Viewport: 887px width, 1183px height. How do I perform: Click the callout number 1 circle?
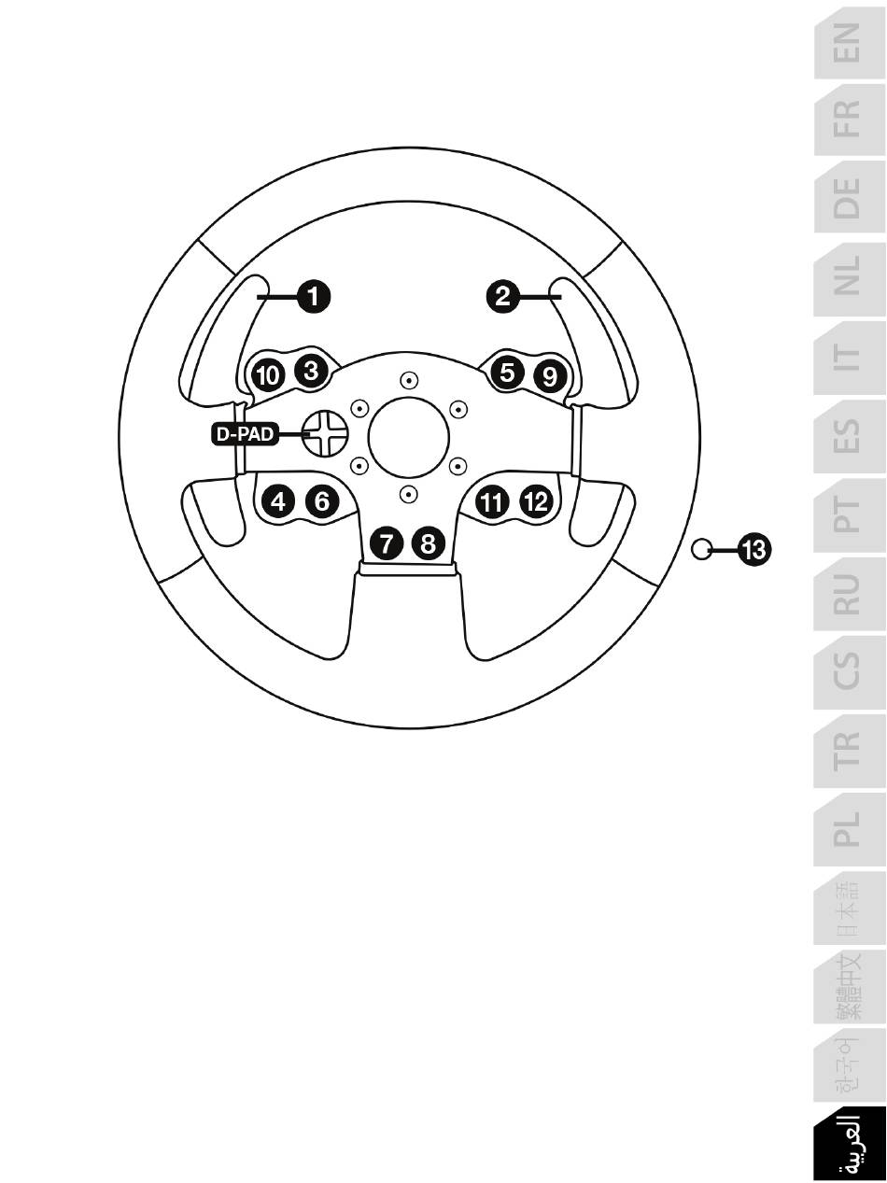pyautogui.click(x=313, y=296)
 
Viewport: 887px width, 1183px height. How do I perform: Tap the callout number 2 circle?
pyautogui.click(x=502, y=296)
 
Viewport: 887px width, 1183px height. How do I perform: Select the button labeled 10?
pyautogui.click(x=268, y=375)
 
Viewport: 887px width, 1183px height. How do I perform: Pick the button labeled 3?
pyautogui.click(x=312, y=371)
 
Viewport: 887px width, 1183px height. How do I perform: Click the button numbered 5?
pyautogui.click(x=507, y=372)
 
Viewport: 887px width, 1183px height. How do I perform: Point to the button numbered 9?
pyautogui.click(x=550, y=376)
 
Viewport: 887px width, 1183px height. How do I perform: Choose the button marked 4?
pyautogui.click(x=278, y=501)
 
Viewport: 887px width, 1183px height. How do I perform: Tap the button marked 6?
pyautogui.click(x=322, y=501)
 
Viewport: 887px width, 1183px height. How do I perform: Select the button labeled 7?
pyautogui.click(x=387, y=543)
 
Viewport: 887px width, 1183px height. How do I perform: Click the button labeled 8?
pyautogui.click(x=428, y=543)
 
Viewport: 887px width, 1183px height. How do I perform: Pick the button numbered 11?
pyautogui.click(x=491, y=503)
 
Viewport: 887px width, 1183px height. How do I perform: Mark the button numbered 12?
pyautogui.click(x=536, y=501)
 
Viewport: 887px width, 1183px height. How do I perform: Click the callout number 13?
pyautogui.click(x=753, y=550)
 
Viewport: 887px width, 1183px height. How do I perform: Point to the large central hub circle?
pyautogui.click(x=408, y=437)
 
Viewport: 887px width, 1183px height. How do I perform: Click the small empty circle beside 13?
pyautogui.click(x=701, y=549)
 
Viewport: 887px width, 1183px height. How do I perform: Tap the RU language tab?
pyautogui.click(x=850, y=594)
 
